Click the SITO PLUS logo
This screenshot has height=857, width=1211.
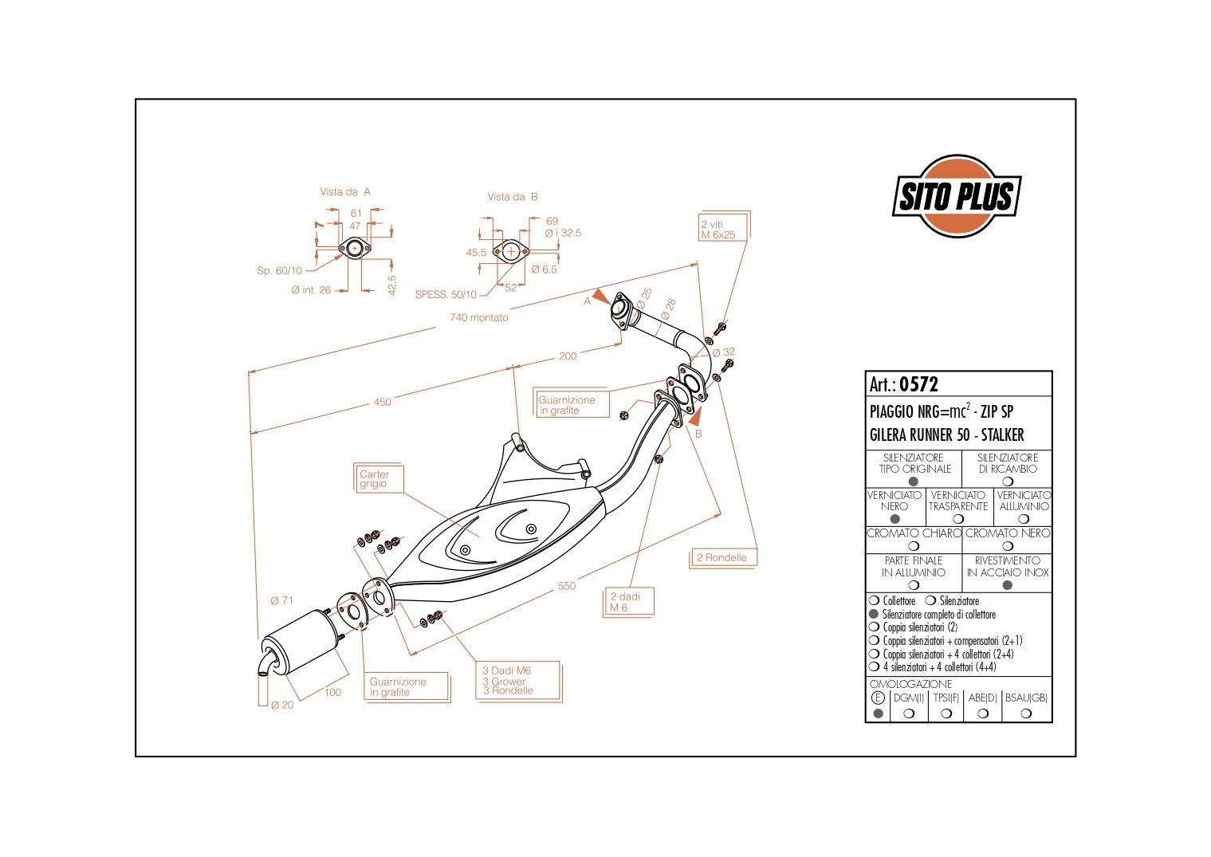click(x=956, y=196)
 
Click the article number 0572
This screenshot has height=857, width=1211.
click(x=918, y=384)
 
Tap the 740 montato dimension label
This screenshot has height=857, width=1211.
click(x=478, y=317)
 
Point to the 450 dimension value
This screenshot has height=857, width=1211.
click(x=383, y=402)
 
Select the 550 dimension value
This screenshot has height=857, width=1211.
click(x=567, y=586)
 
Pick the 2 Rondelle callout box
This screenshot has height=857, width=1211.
click(x=721, y=557)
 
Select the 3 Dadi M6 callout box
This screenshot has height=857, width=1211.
click(x=519, y=681)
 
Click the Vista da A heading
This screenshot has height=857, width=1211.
click(x=345, y=192)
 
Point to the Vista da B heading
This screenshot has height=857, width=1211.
click(x=513, y=197)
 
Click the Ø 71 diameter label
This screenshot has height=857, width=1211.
click(x=282, y=600)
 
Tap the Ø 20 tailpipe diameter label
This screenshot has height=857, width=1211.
click(x=282, y=705)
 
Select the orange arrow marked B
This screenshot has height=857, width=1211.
click(x=697, y=415)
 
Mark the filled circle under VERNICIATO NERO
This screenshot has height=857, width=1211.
click(x=894, y=519)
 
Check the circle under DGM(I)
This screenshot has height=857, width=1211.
click(x=909, y=714)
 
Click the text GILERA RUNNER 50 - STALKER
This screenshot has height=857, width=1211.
click(x=946, y=435)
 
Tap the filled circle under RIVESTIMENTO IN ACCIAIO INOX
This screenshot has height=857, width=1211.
click(x=1008, y=585)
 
